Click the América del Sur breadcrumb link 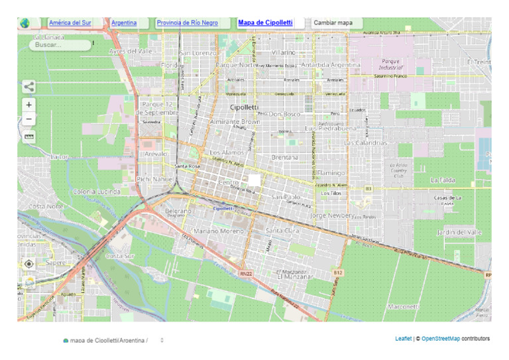pos(70,23)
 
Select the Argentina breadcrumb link pos(124,23)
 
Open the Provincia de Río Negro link pos(187,23)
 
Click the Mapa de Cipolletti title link pos(265,23)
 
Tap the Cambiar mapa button pos(333,23)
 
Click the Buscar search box pos(60,45)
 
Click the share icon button pos(28,86)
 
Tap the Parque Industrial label pos(390,64)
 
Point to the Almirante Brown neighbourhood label pos(235,122)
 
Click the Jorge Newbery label pos(332,215)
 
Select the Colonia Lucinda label pos(97,192)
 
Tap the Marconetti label pos(404,306)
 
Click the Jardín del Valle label pos(459,232)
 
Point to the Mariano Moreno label pos(219,231)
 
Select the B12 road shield pos(339,272)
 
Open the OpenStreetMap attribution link pos(441,339)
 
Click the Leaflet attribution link pos(403,339)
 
